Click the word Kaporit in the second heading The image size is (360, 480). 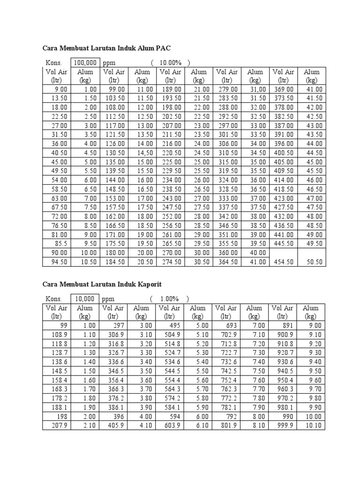coord(147,284)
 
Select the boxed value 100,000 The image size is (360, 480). coord(84,63)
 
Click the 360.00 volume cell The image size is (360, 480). coord(228,253)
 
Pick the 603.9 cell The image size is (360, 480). coord(172,425)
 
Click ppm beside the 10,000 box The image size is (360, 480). coord(108,299)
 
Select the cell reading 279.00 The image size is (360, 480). coord(228,89)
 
